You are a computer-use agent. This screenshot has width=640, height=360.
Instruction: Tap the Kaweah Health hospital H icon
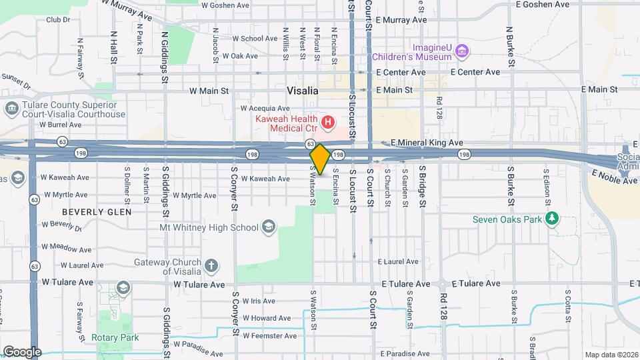tap(327, 122)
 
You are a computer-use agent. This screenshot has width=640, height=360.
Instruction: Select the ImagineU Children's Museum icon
tap(463, 51)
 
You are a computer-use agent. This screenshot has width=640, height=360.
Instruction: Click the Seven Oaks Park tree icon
tap(551, 219)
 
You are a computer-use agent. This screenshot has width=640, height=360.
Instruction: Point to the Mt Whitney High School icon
tap(268, 227)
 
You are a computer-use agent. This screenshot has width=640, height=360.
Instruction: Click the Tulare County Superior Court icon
tap(11, 108)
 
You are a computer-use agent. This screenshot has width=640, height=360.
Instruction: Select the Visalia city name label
tap(303, 91)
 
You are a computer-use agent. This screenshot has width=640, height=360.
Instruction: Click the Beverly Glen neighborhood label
tap(97, 211)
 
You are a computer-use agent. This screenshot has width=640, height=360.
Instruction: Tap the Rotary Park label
tap(116, 337)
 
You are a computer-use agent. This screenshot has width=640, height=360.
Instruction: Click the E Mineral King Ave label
tap(427, 143)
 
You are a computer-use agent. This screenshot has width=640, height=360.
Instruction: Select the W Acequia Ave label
tap(265, 108)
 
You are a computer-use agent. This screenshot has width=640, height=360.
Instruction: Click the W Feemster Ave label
tap(270, 335)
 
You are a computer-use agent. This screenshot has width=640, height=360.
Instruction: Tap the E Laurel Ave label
tap(398, 262)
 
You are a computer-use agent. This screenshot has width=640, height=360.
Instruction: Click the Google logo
tap(22, 352)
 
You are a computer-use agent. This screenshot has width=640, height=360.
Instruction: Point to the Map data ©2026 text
tap(611, 355)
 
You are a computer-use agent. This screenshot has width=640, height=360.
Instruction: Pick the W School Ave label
tap(249, 39)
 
